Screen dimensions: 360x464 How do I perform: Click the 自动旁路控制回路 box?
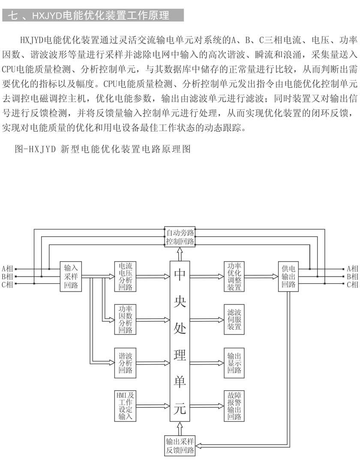tap(180, 237)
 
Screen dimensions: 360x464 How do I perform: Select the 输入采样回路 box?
tap(71, 277)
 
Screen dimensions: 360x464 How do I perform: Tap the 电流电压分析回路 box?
tap(126, 277)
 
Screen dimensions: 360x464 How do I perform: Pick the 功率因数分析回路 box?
tap(126, 319)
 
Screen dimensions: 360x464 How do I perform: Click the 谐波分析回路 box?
tap(126, 363)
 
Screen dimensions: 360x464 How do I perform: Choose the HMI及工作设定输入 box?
tap(126, 406)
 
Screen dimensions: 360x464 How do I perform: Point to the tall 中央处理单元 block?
tap(180, 341)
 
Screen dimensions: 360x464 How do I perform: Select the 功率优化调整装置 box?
tap(234, 277)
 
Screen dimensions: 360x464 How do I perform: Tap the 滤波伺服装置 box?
tap(234, 319)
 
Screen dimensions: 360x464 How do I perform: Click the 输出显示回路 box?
tap(234, 363)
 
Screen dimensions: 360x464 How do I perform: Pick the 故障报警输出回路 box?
tap(234, 406)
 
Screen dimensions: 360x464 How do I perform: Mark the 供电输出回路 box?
tap(288, 277)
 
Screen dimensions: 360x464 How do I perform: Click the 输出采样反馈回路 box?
tap(180, 446)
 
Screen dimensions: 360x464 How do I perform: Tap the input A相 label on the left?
tap(7, 269)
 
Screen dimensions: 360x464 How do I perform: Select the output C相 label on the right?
tap(353, 284)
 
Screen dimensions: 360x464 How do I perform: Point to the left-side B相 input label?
tap(7, 277)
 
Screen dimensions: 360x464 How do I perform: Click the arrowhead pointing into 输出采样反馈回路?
tap(198, 446)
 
